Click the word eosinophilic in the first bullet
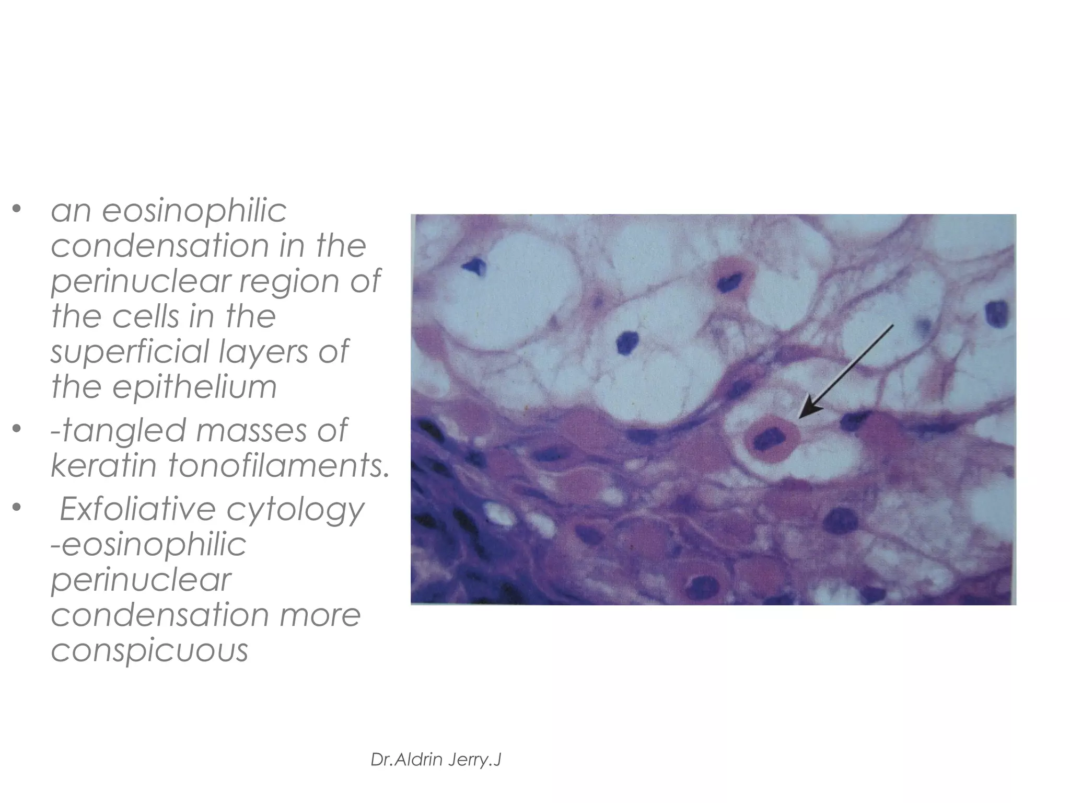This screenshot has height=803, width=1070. click(x=194, y=212)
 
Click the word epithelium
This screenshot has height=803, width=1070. click(x=194, y=387)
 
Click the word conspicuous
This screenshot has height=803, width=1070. click(x=149, y=650)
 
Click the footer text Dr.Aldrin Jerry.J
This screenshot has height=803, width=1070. click(x=436, y=760)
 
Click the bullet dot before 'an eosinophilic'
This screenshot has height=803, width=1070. click(x=17, y=210)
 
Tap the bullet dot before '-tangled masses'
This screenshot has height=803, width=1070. click(x=17, y=429)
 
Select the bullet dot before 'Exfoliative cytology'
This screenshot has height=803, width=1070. click(x=17, y=507)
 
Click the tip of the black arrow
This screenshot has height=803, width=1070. click(x=800, y=417)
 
